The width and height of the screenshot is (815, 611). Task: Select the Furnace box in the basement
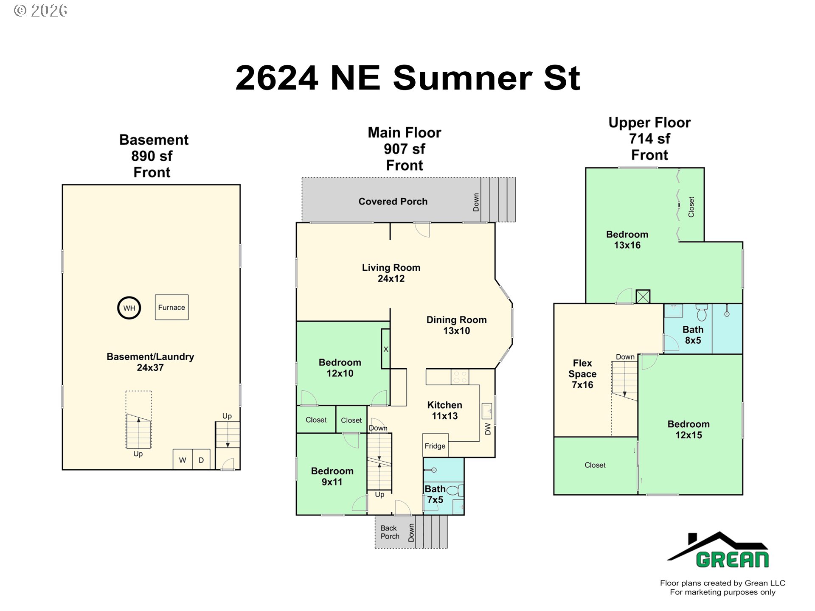pos(171,307)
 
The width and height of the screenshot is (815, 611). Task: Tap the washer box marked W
pos(183,459)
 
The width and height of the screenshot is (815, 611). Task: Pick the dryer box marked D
pos(201,459)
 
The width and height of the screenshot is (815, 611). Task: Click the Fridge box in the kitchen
pos(436,445)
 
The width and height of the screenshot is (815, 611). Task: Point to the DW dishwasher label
pos(488,429)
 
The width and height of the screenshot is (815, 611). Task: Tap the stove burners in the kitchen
pos(460,377)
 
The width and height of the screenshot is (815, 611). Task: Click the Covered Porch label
pos(393,202)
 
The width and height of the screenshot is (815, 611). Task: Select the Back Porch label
pos(390,532)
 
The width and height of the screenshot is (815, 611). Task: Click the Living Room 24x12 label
pos(391,273)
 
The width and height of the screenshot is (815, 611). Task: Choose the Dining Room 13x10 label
pos(457,325)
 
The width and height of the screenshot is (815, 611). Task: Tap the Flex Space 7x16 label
pos(582,374)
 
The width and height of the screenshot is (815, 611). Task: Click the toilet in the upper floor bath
pos(702,312)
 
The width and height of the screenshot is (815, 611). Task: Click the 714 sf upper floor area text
pos(649,139)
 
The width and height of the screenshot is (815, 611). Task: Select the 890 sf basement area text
pos(152,156)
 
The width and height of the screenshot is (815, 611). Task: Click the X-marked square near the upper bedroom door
pos(643,296)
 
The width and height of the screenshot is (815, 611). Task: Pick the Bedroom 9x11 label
pos(332,476)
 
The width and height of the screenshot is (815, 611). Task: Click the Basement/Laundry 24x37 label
pos(150,362)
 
